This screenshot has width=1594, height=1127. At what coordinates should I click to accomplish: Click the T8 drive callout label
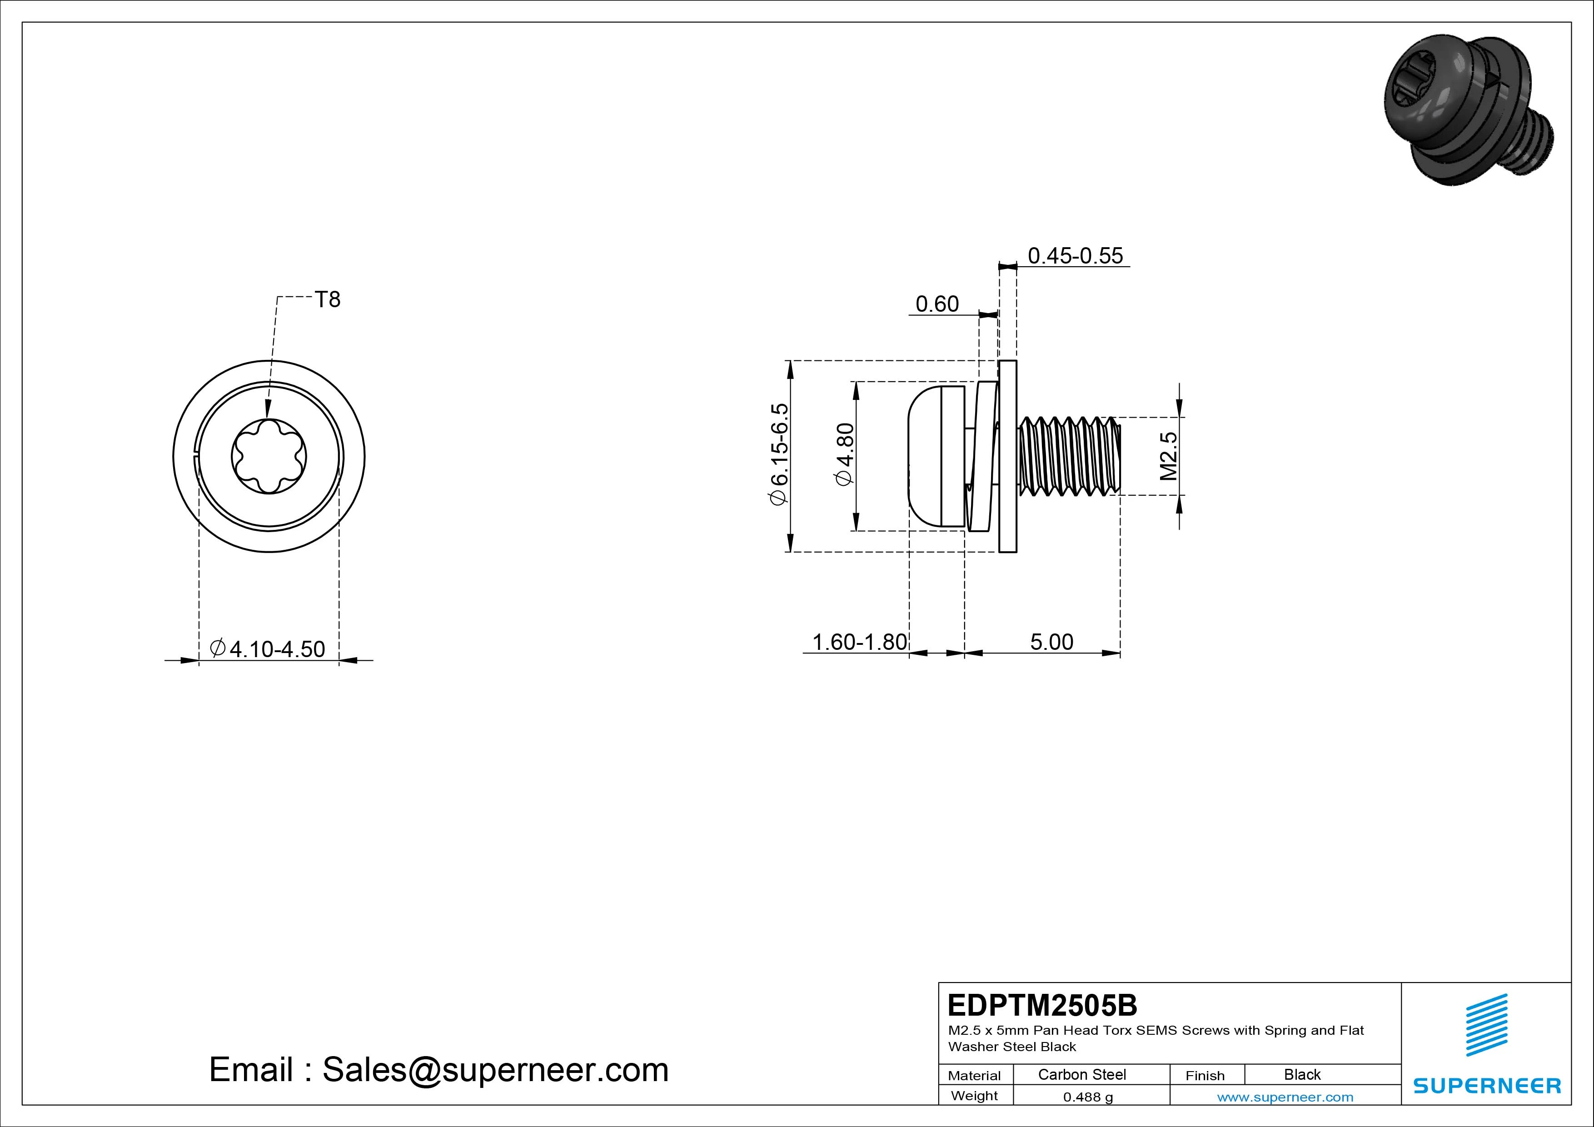pyautogui.click(x=328, y=299)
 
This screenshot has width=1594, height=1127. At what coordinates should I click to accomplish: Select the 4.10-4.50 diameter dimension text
pyautogui.click(x=267, y=648)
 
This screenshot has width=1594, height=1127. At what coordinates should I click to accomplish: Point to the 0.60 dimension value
pyautogui.click(x=937, y=304)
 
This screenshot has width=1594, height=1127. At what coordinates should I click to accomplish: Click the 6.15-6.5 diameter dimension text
pyautogui.click(x=778, y=455)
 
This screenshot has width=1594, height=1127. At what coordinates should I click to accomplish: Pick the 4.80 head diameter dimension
pyautogui.click(x=844, y=455)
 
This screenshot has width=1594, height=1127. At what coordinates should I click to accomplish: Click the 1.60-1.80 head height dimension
pyautogui.click(x=860, y=642)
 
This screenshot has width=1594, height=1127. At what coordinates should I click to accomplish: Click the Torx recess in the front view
pyautogui.click(x=269, y=456)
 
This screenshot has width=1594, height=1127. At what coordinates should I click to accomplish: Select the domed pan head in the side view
pyautogui.click(x=936, y=456)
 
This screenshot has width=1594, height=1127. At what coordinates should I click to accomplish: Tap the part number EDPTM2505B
pyautogui.click(x=1042, y=1005)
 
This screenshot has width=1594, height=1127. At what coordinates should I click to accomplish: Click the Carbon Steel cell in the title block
pyautogui.click(x=1081, y=1074)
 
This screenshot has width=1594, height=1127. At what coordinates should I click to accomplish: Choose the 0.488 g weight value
pyautogui.click(x=1088, y=1097)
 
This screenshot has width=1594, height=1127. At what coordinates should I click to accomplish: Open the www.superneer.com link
pyautogui.click(x=1285, y=1097)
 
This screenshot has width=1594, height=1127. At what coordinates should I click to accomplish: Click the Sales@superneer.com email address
pyautogui.click(x=495, y=1069)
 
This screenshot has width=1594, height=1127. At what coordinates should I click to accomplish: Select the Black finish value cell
pyautogui.click(x=1302, y=1074)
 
